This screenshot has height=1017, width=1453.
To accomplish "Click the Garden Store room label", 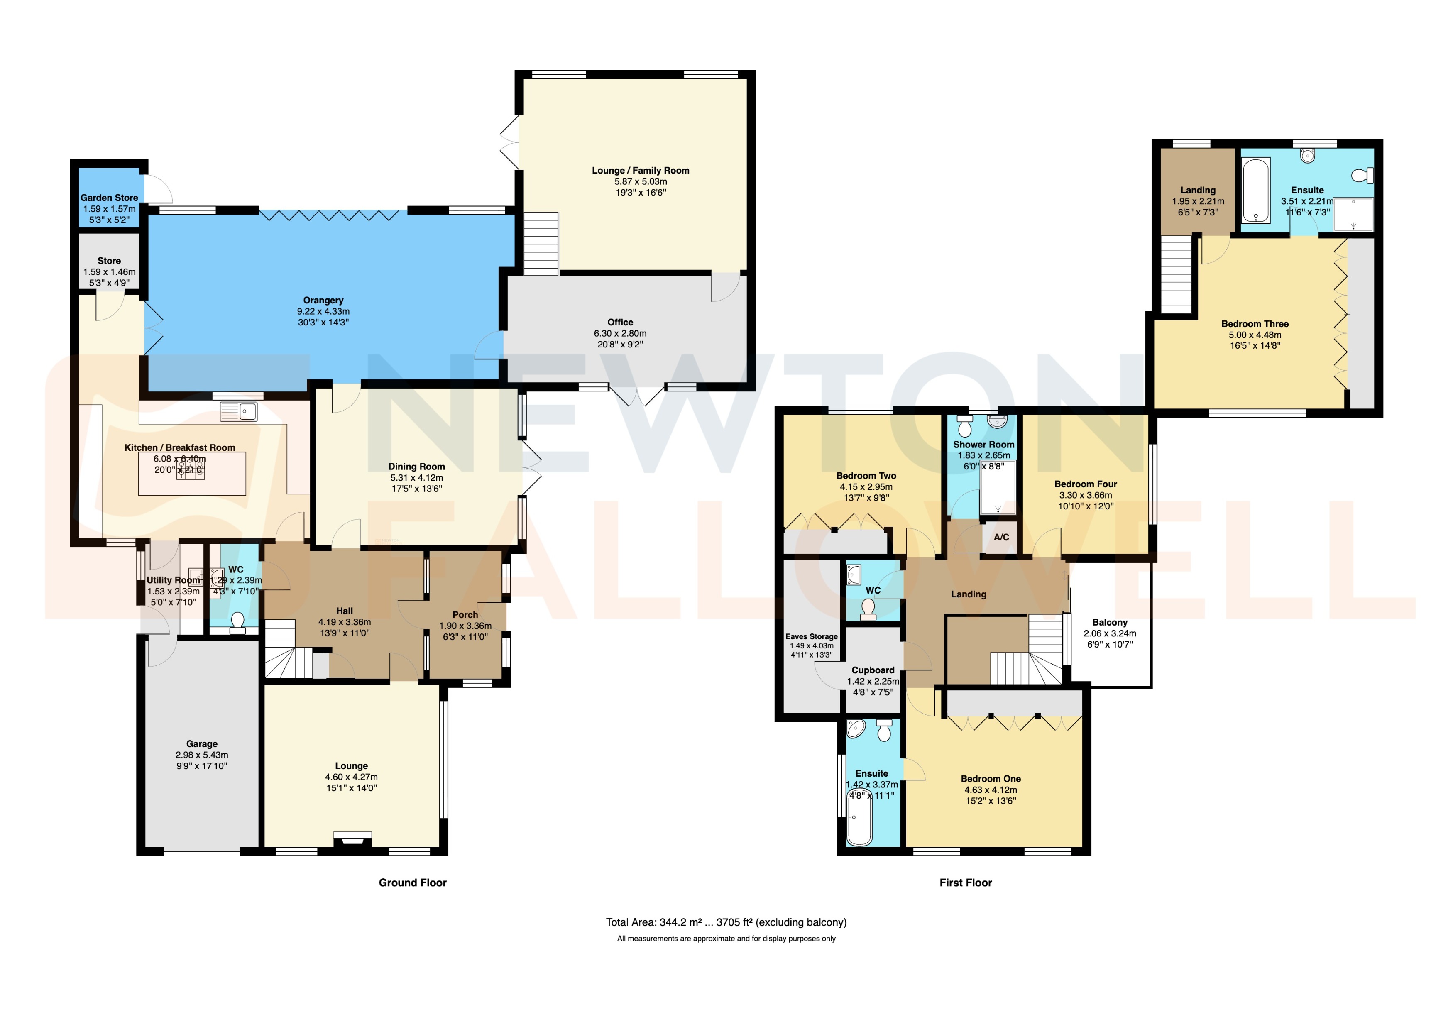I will (109, 198).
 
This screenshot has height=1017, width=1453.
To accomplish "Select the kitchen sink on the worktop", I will (239, 411).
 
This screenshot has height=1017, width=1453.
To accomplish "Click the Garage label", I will (201, 743).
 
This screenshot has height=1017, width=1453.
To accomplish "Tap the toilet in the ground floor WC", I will (238, 621).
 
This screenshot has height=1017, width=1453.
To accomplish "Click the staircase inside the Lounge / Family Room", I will (541, 244).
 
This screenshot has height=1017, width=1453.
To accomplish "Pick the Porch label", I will (465, 614).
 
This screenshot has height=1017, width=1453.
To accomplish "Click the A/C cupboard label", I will (1001, 537).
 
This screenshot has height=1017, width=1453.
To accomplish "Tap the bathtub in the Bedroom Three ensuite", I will (1255, 191).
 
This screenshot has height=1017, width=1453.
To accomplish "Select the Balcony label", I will (1109, 622).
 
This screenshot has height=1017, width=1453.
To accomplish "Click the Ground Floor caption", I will (413, 882).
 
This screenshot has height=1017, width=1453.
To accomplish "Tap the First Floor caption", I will (965, 882).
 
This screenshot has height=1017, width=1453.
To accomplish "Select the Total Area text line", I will (726, 922).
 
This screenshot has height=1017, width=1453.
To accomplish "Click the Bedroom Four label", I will (1085, 484).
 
